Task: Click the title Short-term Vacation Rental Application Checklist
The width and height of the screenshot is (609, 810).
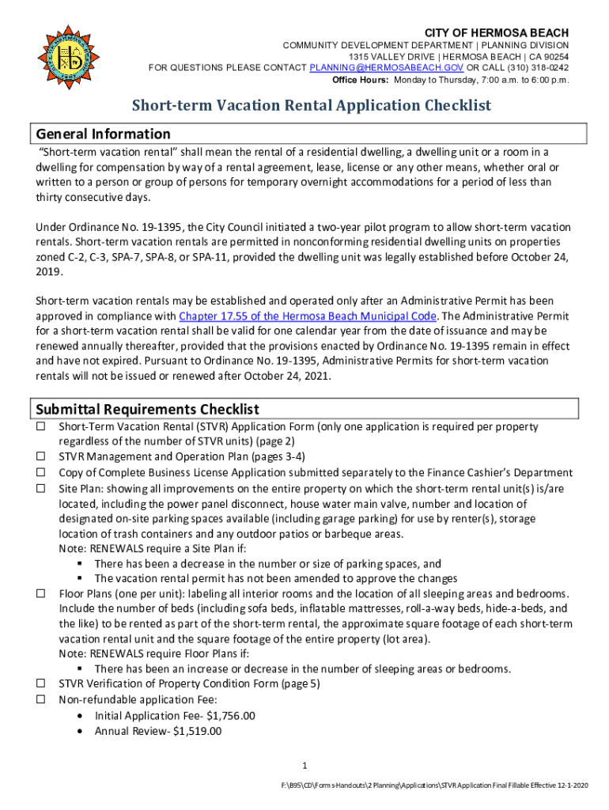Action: click(311, 105)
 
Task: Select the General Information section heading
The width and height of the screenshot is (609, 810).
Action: click(103, 134)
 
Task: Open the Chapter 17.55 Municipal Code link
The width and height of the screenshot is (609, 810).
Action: click(308, 316)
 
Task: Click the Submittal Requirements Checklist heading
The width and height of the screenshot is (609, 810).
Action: click(147, 409)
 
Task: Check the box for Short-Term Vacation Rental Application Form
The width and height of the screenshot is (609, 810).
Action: click(40, 427)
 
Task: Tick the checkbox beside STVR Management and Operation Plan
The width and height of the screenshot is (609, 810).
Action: click(40, 457)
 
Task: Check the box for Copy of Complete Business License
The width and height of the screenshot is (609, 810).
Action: click(40, 473)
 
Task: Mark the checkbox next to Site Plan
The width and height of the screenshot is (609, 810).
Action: click(40, 488)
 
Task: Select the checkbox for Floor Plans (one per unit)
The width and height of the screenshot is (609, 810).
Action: click(40, 593)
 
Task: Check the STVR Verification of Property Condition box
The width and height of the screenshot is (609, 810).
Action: click(40, 683)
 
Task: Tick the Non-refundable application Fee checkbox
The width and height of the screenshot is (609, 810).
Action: click(40, 699)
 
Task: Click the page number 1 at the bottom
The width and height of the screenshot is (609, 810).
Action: click(304, 766)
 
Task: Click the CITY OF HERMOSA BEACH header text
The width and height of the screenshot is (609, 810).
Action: click(497, 32)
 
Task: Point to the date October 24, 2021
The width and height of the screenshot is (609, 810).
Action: click(283, 377)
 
